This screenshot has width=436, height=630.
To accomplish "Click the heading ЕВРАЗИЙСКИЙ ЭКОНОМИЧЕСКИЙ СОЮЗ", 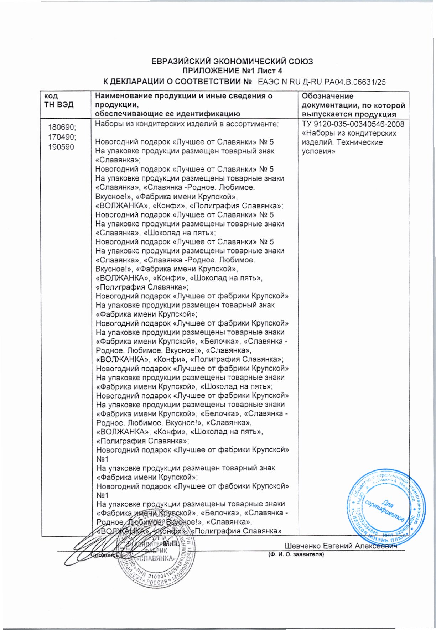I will (232, 62).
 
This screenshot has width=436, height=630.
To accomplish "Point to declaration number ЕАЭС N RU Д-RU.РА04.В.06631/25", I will (322, 82).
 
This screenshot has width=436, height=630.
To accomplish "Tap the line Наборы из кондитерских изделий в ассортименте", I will (186, 124).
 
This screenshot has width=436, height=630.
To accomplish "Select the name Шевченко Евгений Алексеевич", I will (341, 546).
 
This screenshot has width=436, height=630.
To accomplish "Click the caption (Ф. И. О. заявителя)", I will (295, 554).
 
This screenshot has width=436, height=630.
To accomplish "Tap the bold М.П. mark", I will (171, 544).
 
